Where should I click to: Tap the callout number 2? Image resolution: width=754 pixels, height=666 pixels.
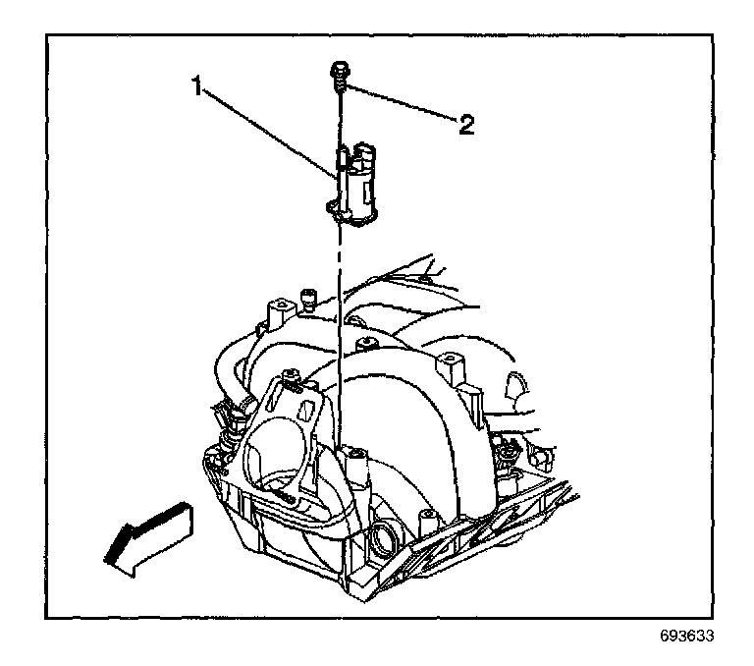[465, 124]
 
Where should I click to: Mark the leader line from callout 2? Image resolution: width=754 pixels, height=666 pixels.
[403, 105]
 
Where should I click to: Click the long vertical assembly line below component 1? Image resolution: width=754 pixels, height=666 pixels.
[340, 324]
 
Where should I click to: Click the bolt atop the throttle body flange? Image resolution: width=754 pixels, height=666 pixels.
[291, 375]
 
